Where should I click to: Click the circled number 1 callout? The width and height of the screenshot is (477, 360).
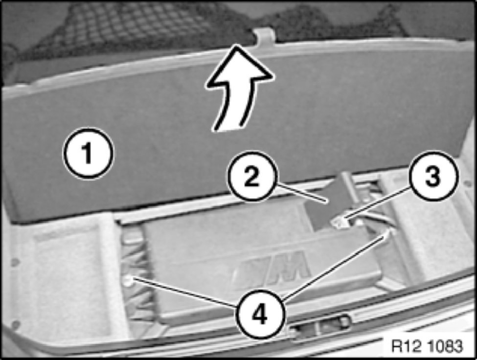point(88,153)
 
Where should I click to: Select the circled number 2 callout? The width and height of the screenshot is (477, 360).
point(252,176)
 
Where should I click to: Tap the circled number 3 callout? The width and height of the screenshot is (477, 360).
point(433,176)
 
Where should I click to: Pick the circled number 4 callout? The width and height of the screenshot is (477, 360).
point(260,314)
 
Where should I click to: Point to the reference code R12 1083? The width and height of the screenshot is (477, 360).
point(426,346)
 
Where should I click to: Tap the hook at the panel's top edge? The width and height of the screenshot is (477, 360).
point(264,37)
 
